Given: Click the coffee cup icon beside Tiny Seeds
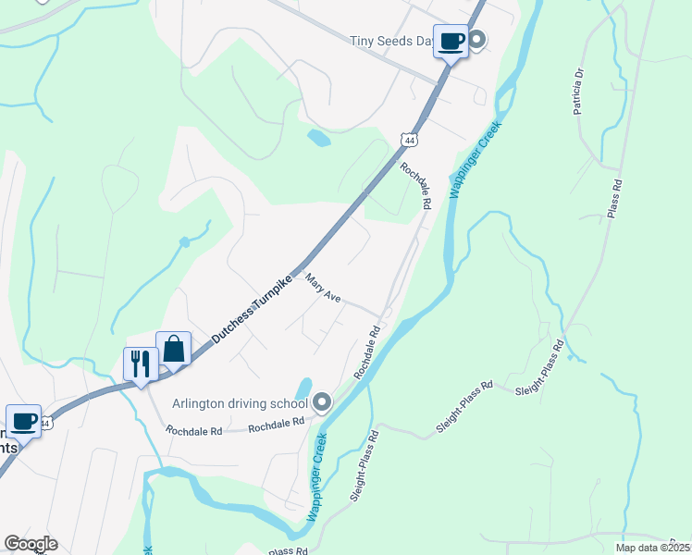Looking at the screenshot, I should tap(451, 41).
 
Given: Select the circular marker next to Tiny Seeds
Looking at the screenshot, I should tap(476, 39).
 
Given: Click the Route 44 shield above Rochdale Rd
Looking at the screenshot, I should tap(410, 139).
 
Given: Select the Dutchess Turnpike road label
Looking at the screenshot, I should tap(251, 308).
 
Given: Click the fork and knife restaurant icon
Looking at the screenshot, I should tap(140, 362).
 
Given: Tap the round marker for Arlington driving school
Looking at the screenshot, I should tap(322, 401).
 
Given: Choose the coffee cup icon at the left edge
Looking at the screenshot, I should tap(23, 421).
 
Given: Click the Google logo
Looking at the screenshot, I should tap(31, 544).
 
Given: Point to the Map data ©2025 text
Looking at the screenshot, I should tap(652, 548).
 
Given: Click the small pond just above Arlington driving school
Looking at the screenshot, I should tap(303, 387).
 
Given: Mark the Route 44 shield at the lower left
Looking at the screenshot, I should tap(45, 423).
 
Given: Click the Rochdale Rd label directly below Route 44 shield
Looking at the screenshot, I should tap(416, 185).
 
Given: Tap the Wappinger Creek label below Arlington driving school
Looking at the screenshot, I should tap(317, 476).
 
